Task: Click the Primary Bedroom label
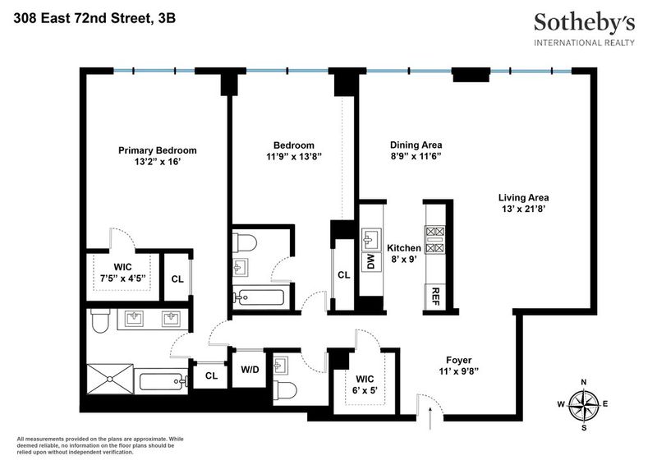click(157, 150)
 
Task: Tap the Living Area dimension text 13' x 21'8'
click(523, 209)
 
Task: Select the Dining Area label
click(416, 145)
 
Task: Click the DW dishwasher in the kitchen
click(371, 261)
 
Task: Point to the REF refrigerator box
click(435, 297)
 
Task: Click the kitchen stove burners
click(435, 239)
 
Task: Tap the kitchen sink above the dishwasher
click(371, 239)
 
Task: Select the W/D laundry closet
click(250, 369)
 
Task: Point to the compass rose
click(583, 405)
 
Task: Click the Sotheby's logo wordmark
click(584, 24)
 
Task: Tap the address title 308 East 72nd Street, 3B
click(94, 18)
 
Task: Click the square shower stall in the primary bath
click(110, 379)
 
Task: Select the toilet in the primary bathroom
click(100, 320)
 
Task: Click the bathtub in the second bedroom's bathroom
click(259, 297)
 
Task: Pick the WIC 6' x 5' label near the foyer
click(365, 384)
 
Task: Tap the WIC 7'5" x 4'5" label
click(122, 273)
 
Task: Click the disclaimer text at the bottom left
click(100, 446)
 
